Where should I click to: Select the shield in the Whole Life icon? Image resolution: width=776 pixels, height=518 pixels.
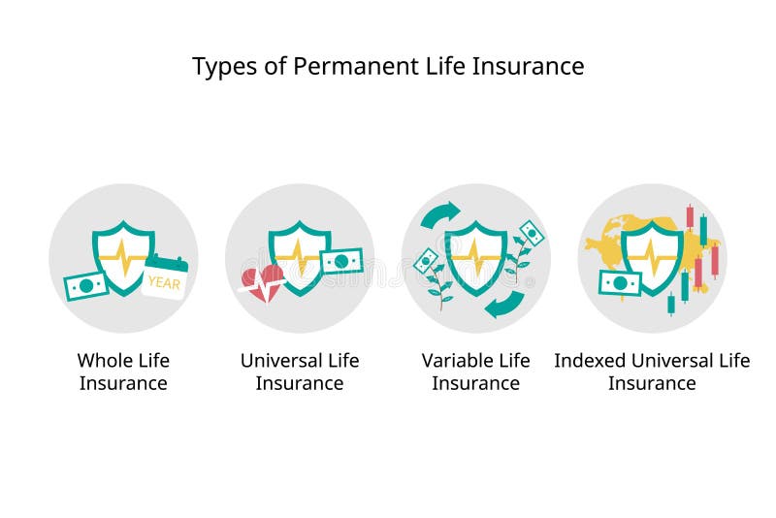(123, 257)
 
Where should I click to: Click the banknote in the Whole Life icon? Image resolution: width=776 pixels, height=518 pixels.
(85, 286)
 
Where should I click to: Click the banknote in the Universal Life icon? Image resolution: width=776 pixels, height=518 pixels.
(341, 262)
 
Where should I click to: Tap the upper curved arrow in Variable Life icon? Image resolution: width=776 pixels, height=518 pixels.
(439, 214)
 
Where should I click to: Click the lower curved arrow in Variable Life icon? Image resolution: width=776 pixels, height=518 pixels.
(505, 305)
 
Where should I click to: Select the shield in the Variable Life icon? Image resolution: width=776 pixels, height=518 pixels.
(476, 257)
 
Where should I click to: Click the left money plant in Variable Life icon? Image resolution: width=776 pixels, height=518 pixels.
(434, 275)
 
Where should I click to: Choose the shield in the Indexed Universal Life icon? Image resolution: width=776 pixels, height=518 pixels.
(652, 257)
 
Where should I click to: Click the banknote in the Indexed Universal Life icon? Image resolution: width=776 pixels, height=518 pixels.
(620, 282)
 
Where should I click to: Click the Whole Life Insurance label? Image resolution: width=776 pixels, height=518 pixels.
(123, 372)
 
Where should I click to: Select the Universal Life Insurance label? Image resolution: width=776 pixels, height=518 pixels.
(300, 372)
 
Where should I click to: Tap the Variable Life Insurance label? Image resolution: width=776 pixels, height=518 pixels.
(476, 372)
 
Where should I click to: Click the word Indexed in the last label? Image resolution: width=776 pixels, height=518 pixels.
(591, 361)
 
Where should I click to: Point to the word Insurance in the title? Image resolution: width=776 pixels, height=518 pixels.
(534, 66)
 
